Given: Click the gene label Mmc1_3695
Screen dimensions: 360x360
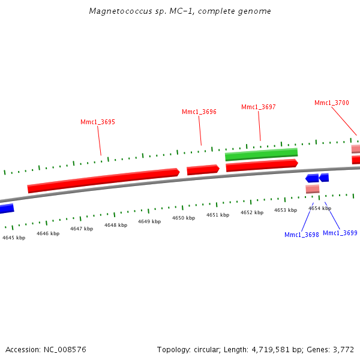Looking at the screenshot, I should tap(98, 122).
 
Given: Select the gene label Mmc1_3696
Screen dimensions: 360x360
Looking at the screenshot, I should tap(199, 112).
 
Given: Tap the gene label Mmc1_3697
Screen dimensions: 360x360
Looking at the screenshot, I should tap(259, 107).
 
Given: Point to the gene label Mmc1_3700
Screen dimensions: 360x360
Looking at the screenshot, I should tap(332, 103).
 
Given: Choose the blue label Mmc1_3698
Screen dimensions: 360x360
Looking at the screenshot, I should tap(302, 235).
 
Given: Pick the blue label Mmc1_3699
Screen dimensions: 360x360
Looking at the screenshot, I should tap(340, 233).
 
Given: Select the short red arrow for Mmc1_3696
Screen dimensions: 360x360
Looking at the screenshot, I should tap(203, 170).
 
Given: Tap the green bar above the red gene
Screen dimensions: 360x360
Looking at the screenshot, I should tap(261, 155).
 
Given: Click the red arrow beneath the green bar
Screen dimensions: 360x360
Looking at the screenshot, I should tap(262, 165).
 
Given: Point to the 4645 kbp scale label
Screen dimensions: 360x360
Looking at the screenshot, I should tap(14, 238).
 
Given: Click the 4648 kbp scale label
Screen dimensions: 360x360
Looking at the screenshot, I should tap(116, 225).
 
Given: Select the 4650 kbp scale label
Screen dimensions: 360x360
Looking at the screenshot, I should tap(184, 218).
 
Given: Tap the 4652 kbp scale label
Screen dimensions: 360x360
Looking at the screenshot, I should tap(252, 212).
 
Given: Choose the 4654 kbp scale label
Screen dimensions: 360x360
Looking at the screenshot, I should tap(320, 208).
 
